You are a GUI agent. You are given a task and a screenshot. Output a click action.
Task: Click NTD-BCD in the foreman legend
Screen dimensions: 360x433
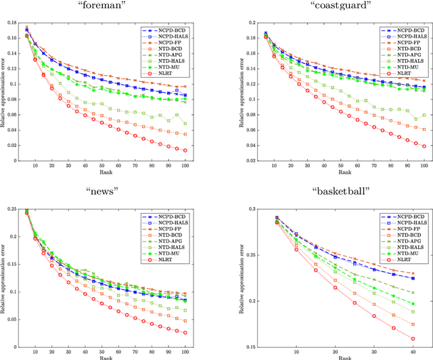170,48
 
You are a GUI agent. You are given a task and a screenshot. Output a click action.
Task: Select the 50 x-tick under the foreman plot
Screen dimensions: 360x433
101,166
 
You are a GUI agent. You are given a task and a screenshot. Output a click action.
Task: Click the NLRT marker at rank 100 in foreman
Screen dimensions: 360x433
185,150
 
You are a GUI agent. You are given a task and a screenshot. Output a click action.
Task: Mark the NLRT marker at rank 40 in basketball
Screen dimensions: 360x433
412,339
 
